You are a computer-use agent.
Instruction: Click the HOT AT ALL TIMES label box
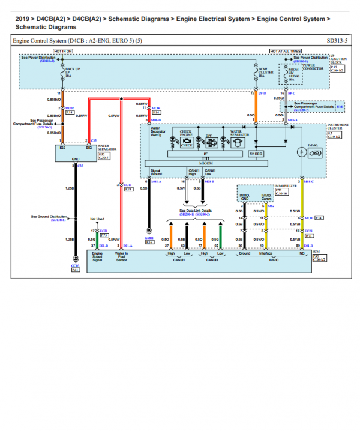click(x=285, y=51)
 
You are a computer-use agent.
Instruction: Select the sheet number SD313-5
click(x=337, y=40)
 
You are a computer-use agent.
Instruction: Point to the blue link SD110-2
click(x=47, y=61)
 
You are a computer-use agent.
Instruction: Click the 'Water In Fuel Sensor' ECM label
click(x=122, y=257)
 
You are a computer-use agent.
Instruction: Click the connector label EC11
click(x=127, y=184)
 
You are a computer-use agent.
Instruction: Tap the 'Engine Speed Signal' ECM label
click(x=97, y=257)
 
